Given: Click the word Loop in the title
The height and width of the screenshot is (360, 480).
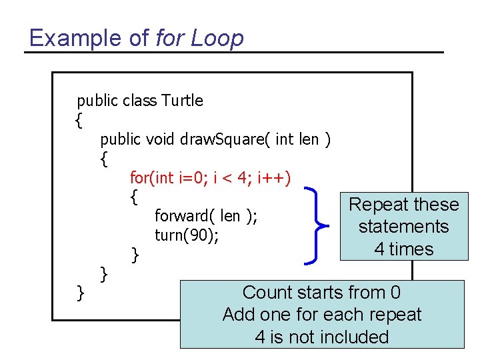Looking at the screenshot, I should (x=217, y=38).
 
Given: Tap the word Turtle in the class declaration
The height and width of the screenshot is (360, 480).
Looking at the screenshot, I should (x=181, y=101).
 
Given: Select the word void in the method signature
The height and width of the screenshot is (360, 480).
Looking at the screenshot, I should (x=160, y=139).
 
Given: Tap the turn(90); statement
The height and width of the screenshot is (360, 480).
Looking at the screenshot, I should (x=187, y=235).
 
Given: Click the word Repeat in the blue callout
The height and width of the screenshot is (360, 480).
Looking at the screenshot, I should (x=376, y=205).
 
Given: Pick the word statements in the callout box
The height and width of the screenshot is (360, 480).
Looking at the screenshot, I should (x=403, y=227).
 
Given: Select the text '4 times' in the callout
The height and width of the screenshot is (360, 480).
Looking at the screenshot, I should (x=403, y=249).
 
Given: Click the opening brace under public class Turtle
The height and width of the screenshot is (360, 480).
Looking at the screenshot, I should (x=79, y=121).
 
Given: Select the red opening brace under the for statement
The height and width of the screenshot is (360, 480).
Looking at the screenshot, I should (x=135, y=197).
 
